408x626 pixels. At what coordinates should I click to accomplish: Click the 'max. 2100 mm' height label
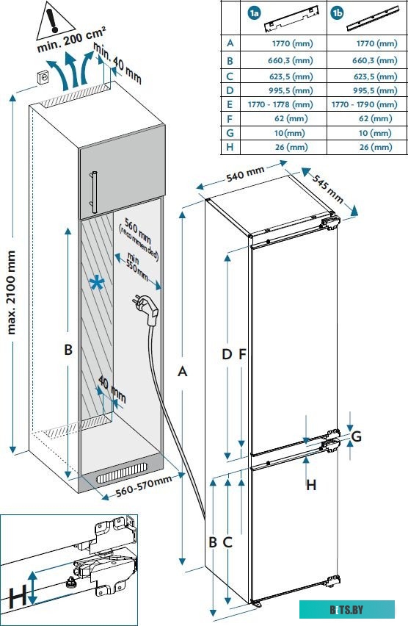click(12, 292)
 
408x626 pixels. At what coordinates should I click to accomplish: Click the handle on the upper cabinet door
click(94, 192)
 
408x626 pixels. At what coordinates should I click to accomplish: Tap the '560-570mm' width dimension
click(144, 485)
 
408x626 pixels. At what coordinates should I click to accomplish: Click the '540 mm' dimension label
click(245, 173)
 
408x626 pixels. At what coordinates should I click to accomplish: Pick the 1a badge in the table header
click(254, 13)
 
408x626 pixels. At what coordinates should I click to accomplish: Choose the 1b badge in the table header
click(337, 13)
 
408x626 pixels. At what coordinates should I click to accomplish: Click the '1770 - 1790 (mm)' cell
click(364, 104)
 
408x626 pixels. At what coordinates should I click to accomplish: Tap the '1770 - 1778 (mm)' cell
click(280, 104)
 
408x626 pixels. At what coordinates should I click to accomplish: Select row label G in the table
click(230, 132)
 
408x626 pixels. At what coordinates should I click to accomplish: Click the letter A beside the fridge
click(182, 372)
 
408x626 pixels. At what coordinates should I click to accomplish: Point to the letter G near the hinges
click(356, 436)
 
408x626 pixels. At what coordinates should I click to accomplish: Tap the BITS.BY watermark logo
click(346, 610)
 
